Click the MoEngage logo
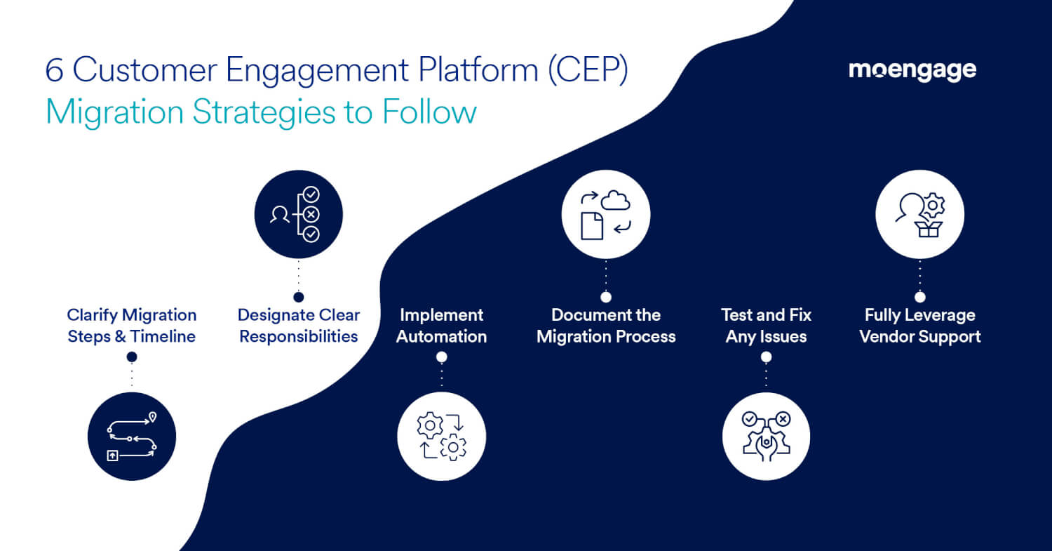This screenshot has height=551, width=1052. tap(912, 70)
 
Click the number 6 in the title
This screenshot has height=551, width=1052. tap(53, 71)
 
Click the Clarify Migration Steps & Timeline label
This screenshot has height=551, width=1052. tap(132, 326)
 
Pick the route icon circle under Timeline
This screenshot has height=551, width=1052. tap(132, 437)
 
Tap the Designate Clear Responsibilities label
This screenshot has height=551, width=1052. tap(299, 326)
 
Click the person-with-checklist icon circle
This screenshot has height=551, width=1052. tap(298, 215)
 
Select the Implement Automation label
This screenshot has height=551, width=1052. tap(441, 326)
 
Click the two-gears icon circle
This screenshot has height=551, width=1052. tap(441, 437)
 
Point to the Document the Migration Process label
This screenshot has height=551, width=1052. tap(606, 326)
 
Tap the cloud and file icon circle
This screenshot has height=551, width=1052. tap(606, 215)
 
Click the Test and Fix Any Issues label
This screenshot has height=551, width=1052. tap(766, 326)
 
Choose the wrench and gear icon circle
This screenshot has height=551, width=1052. tap(766, 437)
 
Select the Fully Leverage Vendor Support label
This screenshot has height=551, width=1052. tap(920, 326)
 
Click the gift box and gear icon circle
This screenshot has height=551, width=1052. tap(920, 215)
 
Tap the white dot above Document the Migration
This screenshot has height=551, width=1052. tap(606, 297)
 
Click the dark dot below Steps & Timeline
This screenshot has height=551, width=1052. tap(132, 357)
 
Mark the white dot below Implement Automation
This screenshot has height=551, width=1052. tap(441, 357)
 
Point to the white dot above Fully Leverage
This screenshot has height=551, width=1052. tap(920, 297)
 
